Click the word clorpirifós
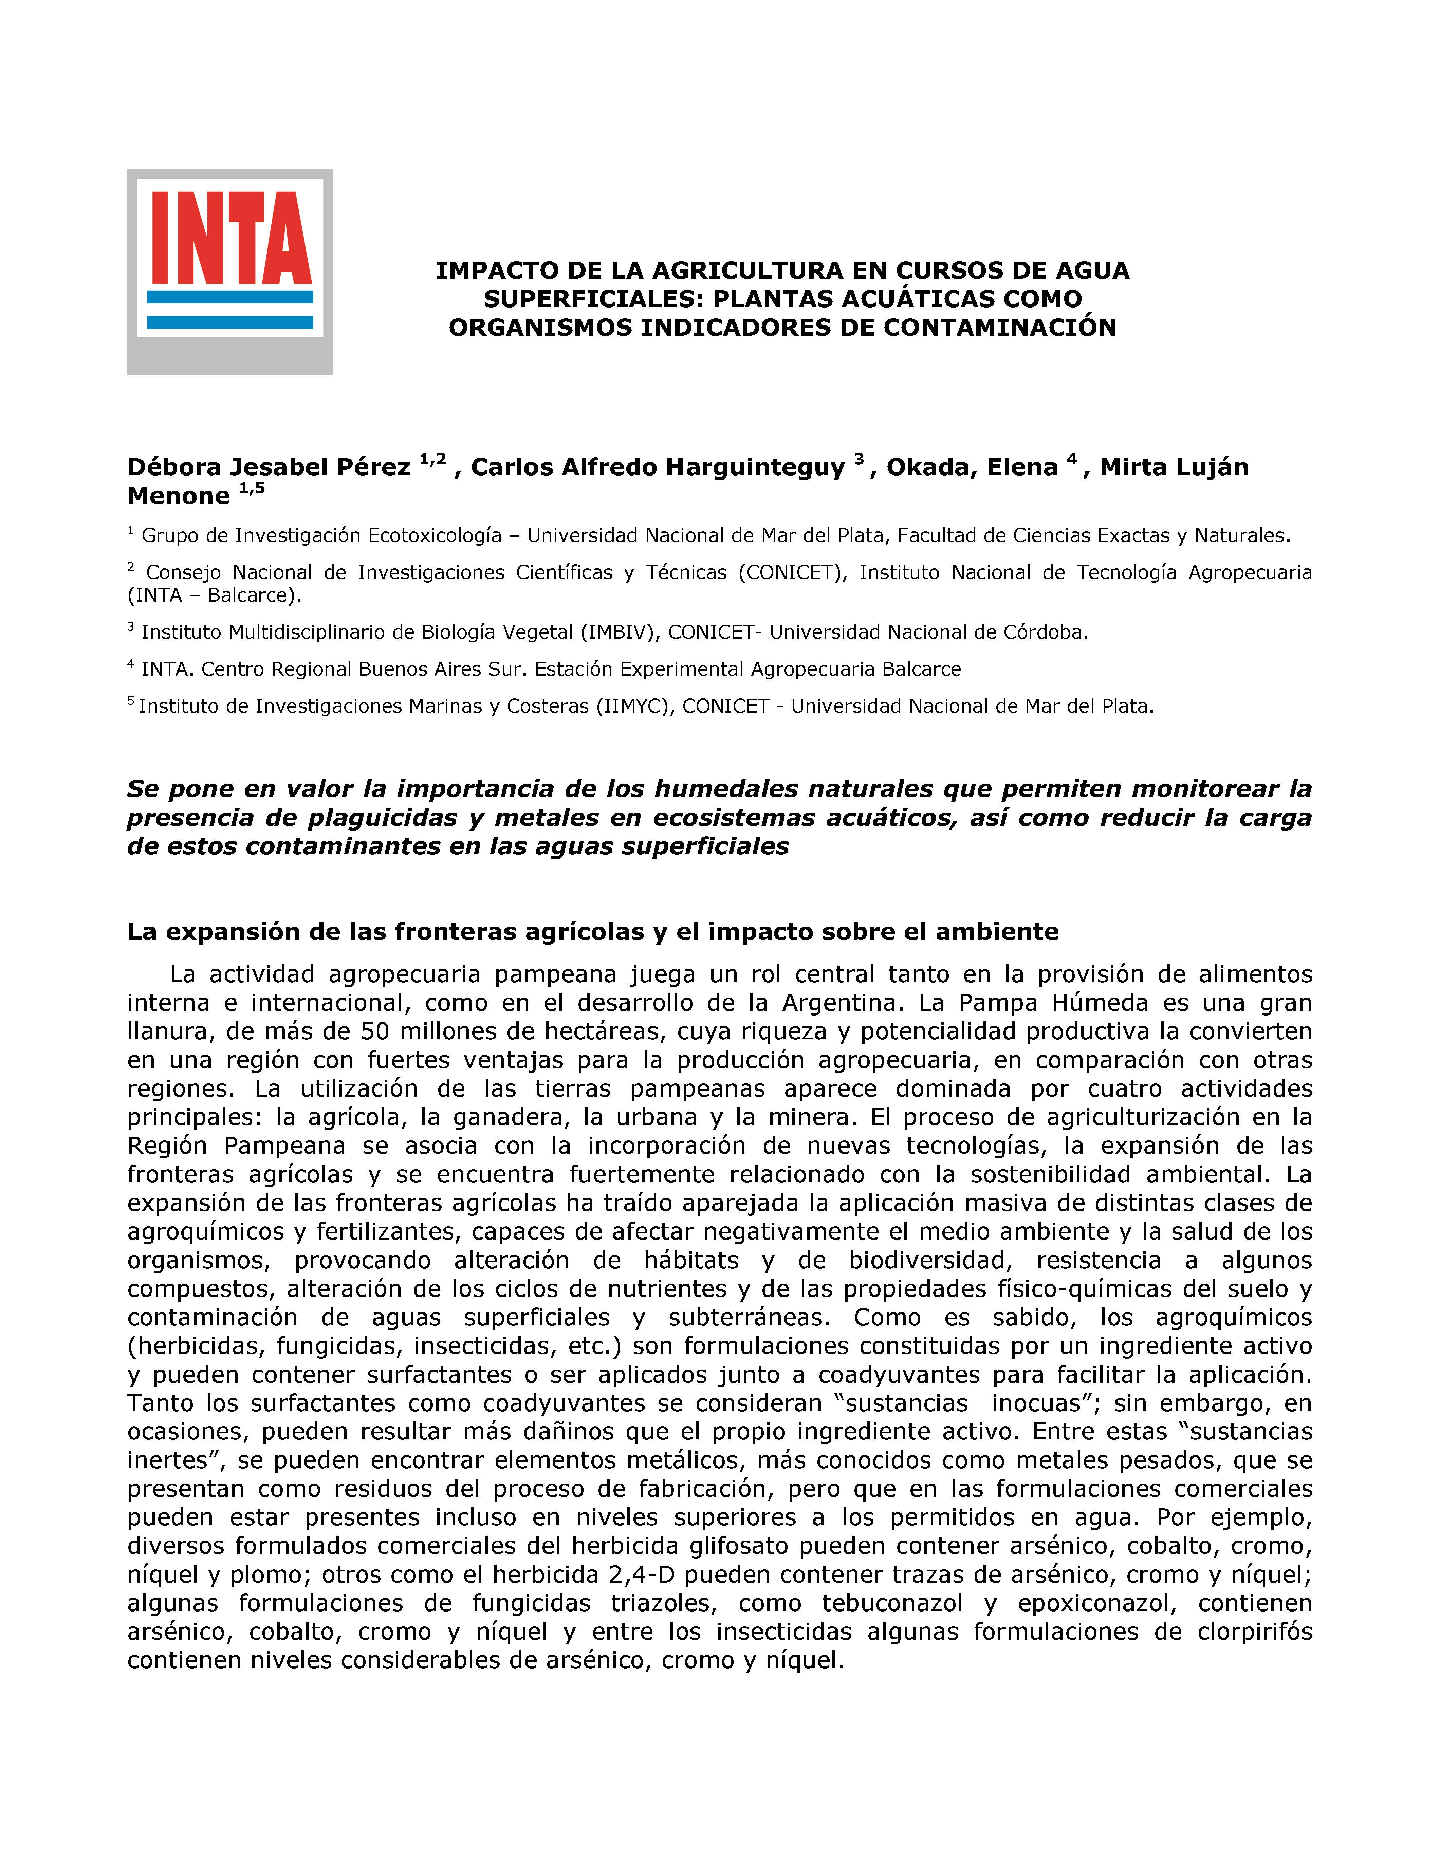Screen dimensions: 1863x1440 1254,1632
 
